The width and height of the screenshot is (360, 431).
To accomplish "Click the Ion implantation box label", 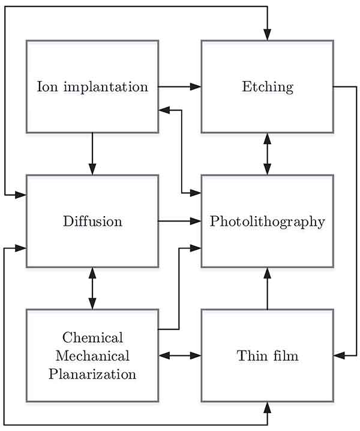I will point(92,86).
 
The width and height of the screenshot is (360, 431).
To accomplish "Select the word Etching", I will point(268,86).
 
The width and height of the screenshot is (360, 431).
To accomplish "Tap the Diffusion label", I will point(92,221).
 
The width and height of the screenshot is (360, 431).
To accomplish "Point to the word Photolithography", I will point(268,221).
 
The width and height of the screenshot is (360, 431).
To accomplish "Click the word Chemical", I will point(92,337).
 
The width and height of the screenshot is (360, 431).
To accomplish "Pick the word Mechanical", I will point(92,355).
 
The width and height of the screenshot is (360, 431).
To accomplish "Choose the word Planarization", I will point(92,375).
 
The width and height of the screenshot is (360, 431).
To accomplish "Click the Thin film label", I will point(268,355).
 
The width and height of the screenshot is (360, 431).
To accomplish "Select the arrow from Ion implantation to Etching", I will point(179,86).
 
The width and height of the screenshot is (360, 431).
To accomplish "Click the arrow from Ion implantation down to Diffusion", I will point(92,154).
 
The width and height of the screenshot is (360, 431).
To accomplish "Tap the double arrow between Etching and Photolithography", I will point(268,154).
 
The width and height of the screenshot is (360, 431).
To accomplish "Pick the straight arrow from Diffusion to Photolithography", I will point(179,221).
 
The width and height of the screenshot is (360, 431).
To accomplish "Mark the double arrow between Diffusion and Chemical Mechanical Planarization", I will point(92,288).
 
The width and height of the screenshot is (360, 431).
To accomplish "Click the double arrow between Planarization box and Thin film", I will point(179,355).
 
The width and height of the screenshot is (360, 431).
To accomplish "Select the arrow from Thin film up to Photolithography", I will point(268,288).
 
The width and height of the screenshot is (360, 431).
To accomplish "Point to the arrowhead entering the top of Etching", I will point(268,35).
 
